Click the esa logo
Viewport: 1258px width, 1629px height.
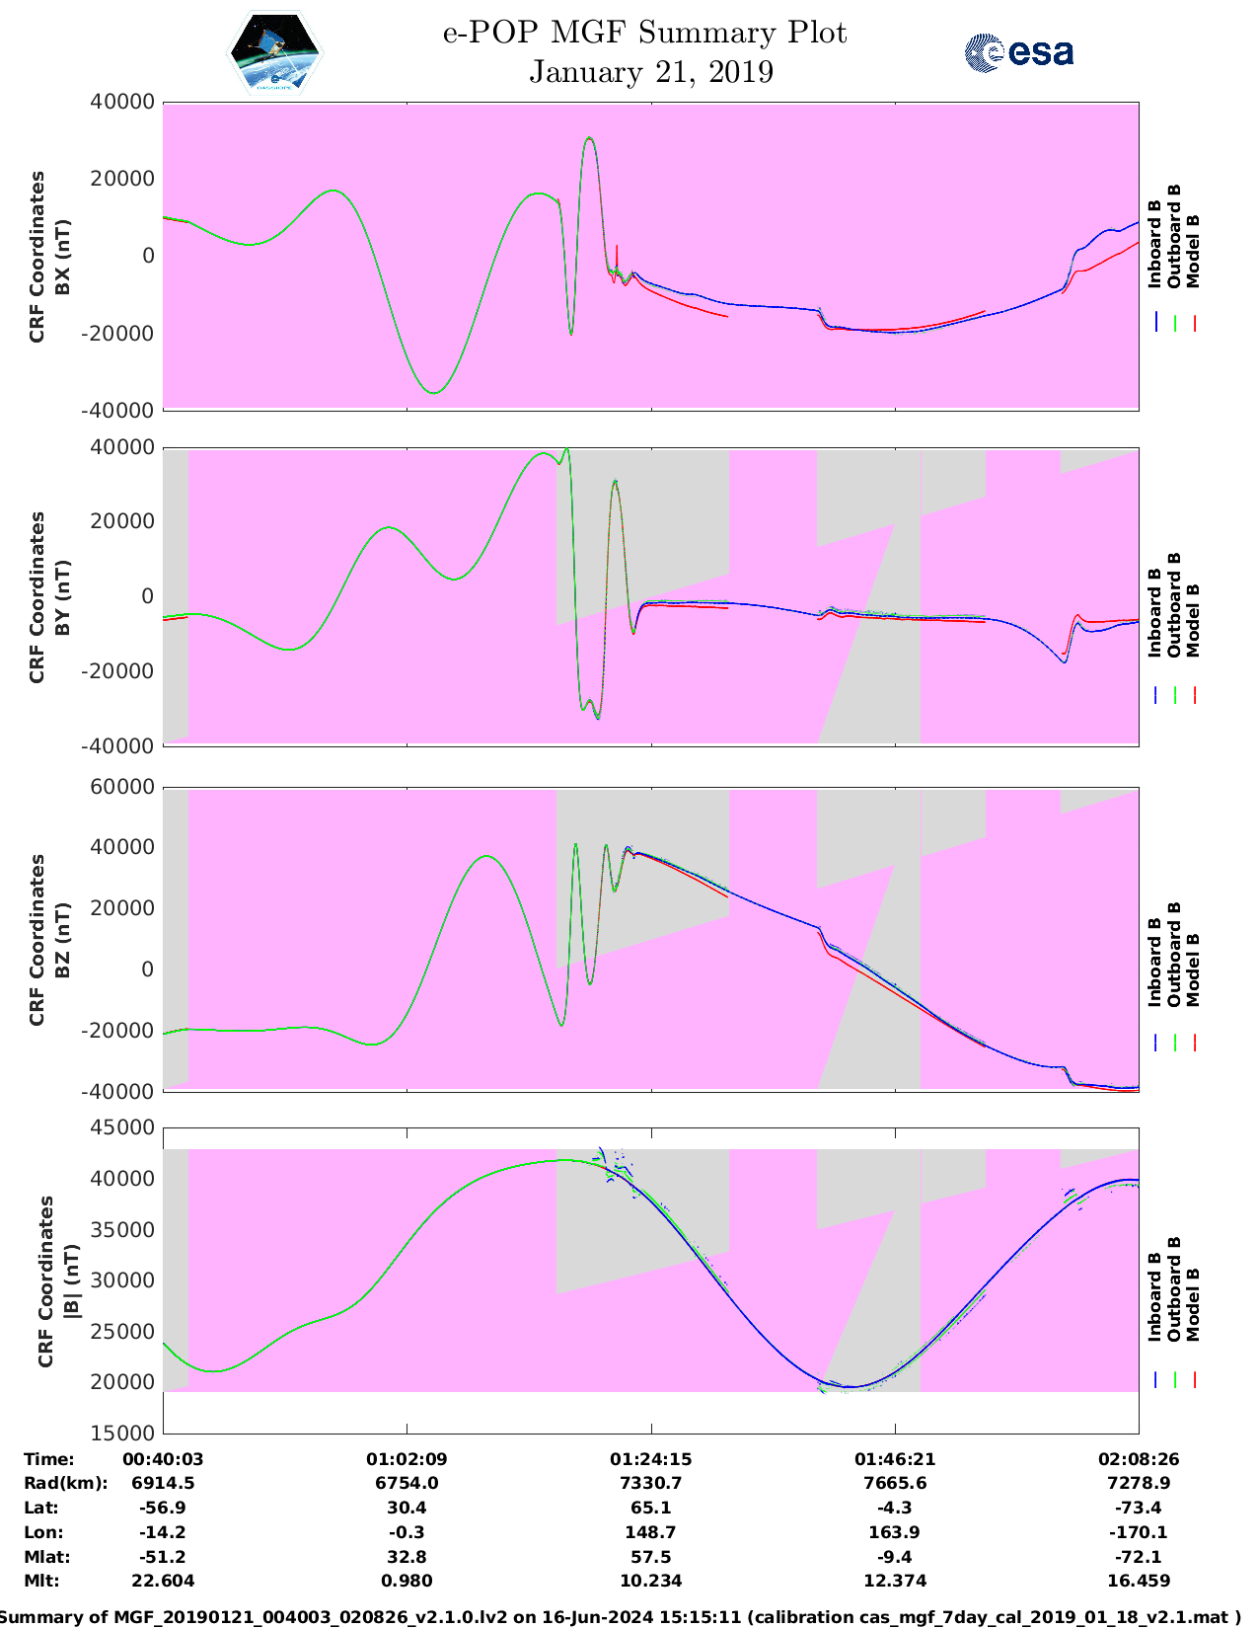point(1019,52)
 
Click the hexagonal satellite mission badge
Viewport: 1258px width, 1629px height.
point(274,53)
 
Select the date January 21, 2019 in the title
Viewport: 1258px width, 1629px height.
point(651,72)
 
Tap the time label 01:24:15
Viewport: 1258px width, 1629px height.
point(650,1459)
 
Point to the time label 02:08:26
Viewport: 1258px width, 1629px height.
point(1139,1459)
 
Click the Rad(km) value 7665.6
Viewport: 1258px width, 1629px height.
point(894,1483)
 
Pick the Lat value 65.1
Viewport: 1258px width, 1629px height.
point(650,1508)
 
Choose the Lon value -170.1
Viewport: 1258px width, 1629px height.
point(1139,1532)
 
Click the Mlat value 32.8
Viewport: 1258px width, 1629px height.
point(407,1557)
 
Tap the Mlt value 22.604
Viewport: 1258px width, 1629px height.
point(163,1581)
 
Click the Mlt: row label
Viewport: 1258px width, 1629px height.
point(41,1581)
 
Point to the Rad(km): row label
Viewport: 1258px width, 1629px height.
point(65,1483)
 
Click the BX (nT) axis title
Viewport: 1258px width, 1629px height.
point(63,257)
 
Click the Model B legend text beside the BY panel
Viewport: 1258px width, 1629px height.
point(1193,620)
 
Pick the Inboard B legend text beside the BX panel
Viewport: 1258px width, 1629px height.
point(1154,243)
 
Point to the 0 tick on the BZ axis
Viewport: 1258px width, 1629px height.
point(147,970)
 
